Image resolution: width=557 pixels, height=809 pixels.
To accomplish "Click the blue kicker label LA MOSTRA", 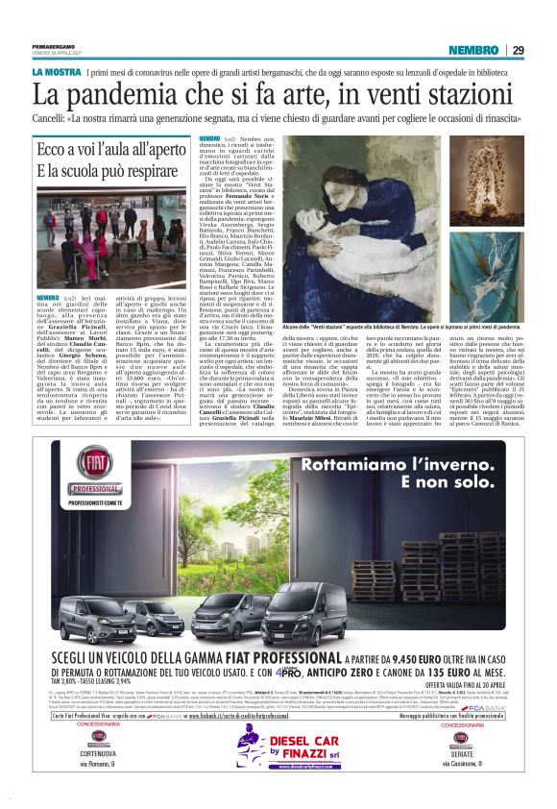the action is tap(56, 73).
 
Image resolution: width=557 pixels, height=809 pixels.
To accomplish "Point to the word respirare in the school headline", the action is tap(148, 171).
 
